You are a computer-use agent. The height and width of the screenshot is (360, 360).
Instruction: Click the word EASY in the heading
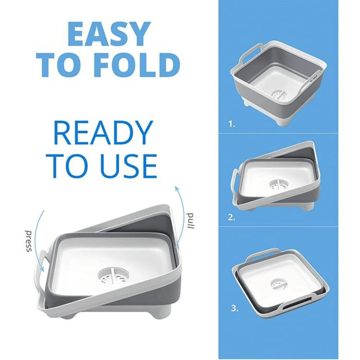pos(108,34)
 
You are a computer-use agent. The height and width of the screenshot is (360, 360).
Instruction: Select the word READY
pos(102,133)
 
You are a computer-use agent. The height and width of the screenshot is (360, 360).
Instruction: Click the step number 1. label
pos(231,124)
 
